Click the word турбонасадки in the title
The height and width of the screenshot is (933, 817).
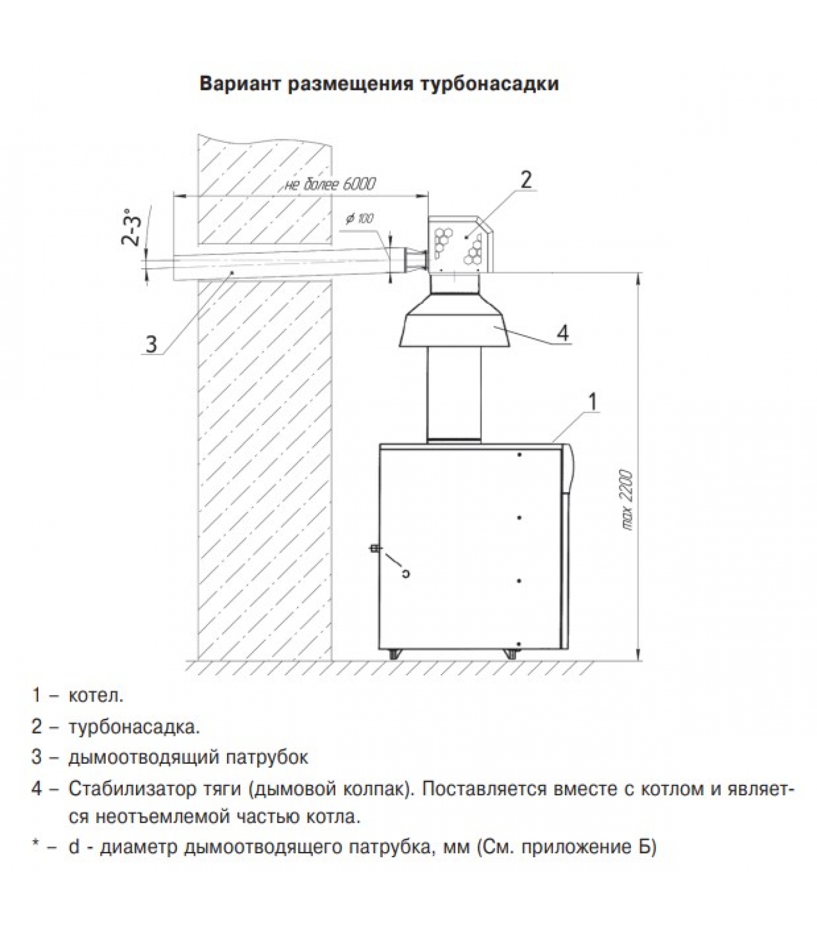click(x=488, y=83)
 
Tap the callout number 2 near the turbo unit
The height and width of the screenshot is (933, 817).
click(x=526, y=180)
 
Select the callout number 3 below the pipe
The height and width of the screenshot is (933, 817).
click(x=151, y=343)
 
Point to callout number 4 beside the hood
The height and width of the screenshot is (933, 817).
click(x=562, y=333)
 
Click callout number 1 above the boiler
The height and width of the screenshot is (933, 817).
click(x=592, y=402)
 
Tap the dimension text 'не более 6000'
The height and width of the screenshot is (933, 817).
click(x=330, y=184)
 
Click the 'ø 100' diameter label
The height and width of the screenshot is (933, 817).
click(x=359, y=219)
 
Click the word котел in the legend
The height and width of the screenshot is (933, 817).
click(x=96, y=696)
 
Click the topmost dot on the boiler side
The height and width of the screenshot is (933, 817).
click(x=519, y=454)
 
